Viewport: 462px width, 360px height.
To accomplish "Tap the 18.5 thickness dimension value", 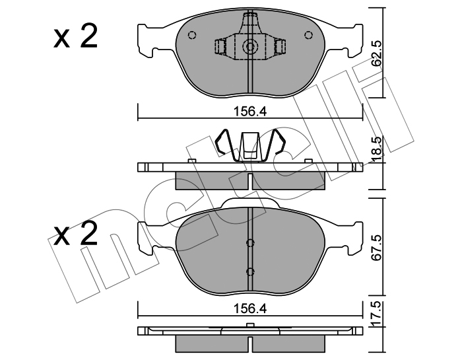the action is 376,149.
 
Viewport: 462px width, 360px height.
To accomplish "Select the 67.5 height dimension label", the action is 376,248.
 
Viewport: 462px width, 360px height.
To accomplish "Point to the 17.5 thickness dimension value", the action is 376,313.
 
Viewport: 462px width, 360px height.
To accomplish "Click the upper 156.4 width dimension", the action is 250,112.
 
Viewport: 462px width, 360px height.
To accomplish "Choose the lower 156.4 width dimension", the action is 250,309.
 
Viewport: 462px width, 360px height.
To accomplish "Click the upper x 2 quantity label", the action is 75,37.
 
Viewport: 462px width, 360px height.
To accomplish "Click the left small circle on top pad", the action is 192,36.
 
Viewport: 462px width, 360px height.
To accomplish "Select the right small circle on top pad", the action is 308,36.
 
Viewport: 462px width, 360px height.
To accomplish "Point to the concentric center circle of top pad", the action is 250,47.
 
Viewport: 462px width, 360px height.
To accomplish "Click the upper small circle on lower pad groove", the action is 250,243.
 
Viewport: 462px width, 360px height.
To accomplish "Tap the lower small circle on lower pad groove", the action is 250,271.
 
